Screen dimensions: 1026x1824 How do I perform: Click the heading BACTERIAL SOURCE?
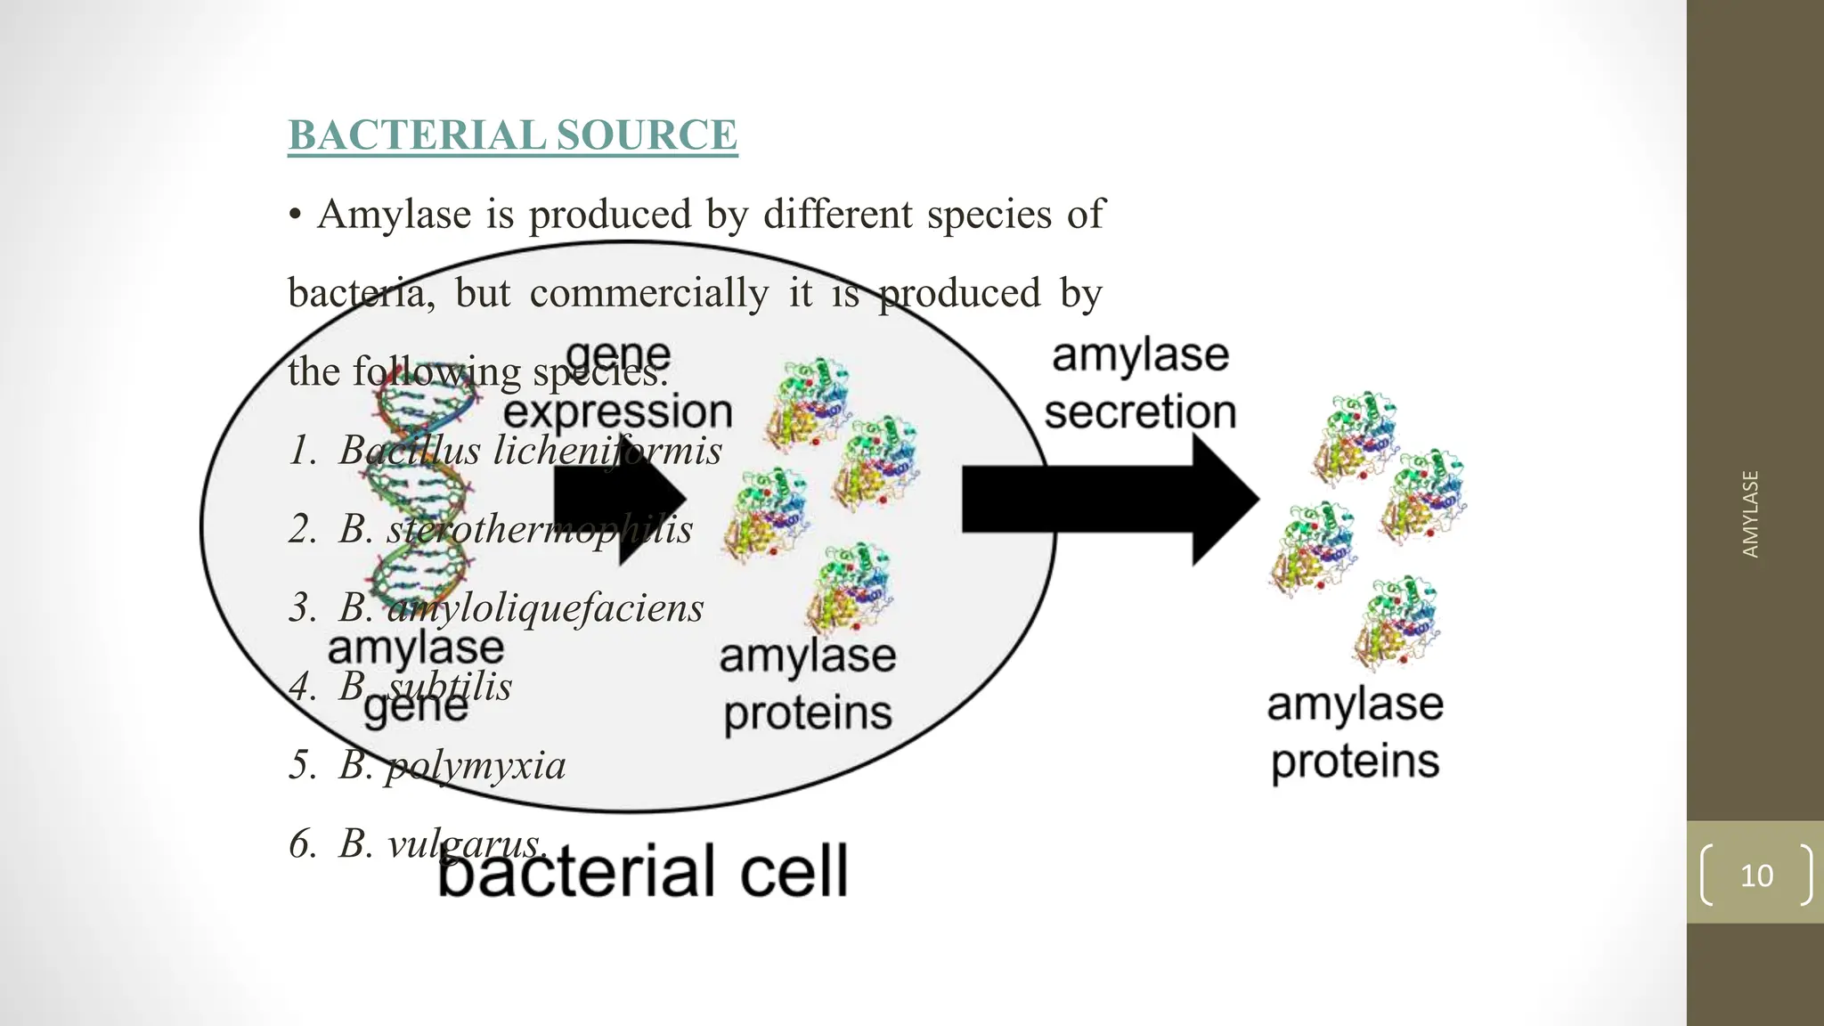(512, 135)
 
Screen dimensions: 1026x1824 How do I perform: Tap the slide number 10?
(1756, 875)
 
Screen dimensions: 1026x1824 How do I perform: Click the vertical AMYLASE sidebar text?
(1750, 514)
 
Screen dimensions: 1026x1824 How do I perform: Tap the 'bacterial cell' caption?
(643, 871)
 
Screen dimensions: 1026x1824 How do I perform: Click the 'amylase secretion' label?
(1140, 384)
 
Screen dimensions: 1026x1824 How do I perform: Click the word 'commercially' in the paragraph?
(648, 293)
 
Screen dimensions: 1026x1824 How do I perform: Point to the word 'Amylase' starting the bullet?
(394, 215)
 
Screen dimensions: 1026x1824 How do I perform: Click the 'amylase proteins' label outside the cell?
(1355, 733)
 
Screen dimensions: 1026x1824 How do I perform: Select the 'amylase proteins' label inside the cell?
(807, 685)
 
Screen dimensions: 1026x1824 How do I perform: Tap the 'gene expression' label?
(618, 385)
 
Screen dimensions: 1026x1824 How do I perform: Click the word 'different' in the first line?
(837, 215)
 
